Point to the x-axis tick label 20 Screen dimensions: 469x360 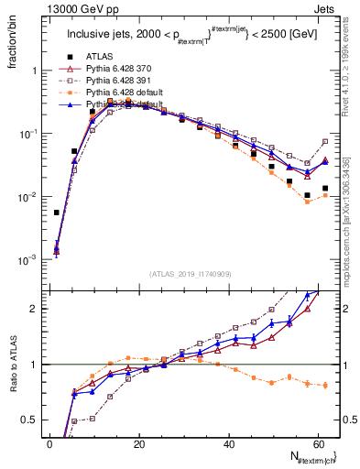[138, 443]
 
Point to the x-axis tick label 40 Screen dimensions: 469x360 [228, 443]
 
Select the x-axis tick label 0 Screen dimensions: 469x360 [49, 443]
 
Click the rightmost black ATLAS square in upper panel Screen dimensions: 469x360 [325, 189]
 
